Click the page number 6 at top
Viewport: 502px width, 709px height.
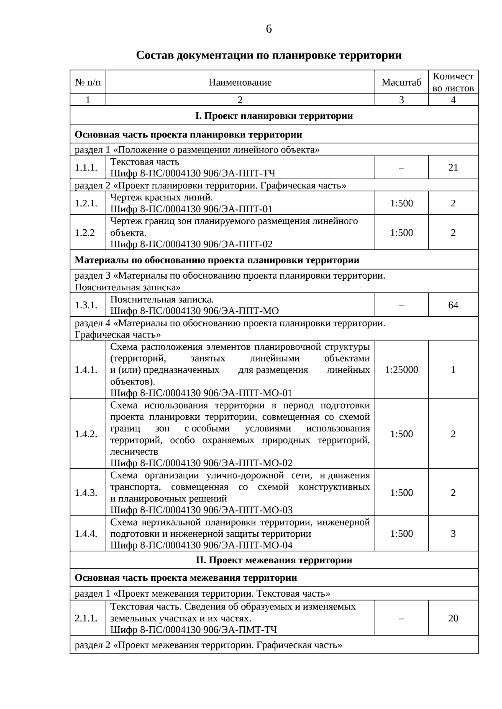269,29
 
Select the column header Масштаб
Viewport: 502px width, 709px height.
401,82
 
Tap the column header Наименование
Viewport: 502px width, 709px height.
240,82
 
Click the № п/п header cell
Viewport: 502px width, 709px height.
88,82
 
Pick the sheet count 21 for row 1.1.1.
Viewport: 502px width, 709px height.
453,168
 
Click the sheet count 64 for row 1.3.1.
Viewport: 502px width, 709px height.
453,305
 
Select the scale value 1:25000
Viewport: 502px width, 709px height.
401,370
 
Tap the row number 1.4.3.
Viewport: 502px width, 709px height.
86,493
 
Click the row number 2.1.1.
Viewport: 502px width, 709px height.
86,618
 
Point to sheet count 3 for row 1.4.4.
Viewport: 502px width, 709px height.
453,534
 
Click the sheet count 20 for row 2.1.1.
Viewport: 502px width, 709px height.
453,618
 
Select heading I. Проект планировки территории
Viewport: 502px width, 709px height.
274,116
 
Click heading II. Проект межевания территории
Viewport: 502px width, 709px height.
274,560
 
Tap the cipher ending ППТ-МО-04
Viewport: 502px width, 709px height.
201,545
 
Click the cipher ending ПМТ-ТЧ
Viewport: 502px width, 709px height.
193,630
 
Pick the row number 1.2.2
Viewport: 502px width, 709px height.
85,233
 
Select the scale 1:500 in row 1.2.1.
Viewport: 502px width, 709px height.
401,203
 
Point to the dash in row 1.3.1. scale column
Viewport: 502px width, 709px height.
401,305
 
